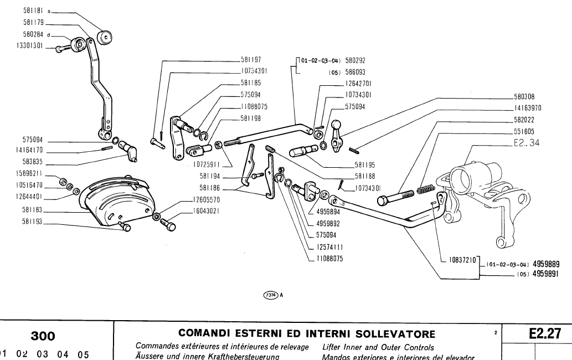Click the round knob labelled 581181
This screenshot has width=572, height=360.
(104, 37)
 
